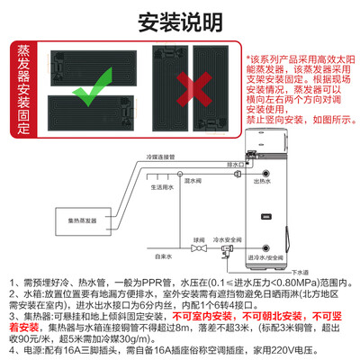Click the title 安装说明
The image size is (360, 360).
(179, 21)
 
